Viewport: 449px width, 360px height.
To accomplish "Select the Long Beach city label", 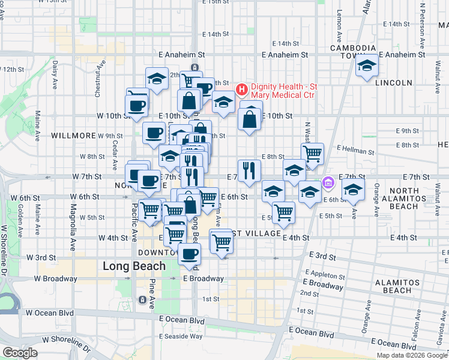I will click(134, 266).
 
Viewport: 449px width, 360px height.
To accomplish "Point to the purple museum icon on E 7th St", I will click(328, 182).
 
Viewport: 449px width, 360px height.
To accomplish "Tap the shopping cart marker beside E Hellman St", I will click(312, 154).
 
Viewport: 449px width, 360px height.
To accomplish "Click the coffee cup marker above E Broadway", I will click(190, 253).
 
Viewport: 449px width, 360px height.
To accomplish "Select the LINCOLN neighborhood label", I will click(393, 83).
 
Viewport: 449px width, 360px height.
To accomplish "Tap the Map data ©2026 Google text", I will click(412, 355).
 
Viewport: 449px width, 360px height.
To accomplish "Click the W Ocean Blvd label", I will click(53, 313).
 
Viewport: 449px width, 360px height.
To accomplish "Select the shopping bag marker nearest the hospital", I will click(250, 118).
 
